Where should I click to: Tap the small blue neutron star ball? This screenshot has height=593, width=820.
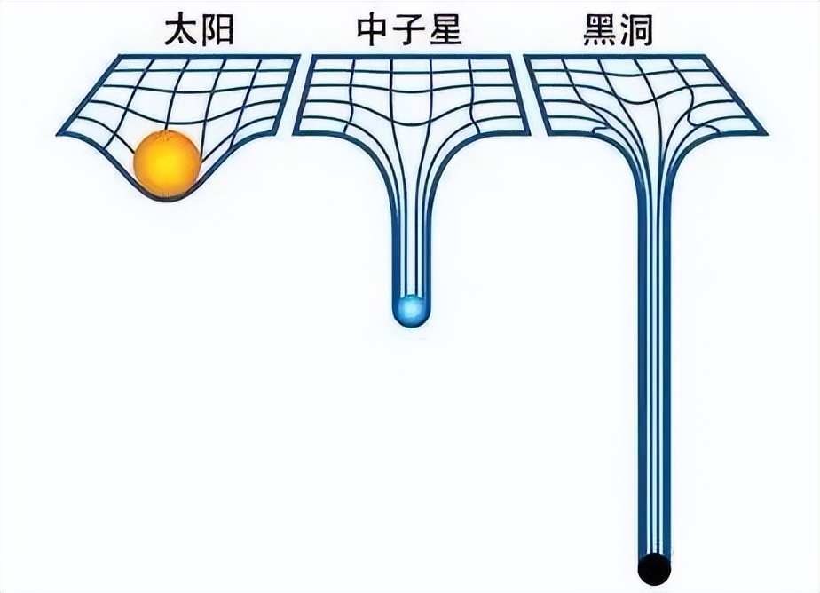pos(412,311)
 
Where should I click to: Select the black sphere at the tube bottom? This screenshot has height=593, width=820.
pos(654,569)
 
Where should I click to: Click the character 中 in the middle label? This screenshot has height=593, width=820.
pos(373,30)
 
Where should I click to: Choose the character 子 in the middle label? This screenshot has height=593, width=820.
pos(409,30)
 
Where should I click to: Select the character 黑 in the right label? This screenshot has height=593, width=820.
pos(600,30)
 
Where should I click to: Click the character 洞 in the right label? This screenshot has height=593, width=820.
pos(636,30)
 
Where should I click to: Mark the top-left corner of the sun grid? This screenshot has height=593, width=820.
pos(120,55)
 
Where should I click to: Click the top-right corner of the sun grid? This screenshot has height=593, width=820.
pos(300,55)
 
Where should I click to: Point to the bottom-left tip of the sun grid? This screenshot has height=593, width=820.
pos(57,136)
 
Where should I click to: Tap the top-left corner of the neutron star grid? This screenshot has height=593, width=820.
pos(312,55)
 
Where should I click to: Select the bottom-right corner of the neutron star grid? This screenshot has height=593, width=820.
pos(531,134)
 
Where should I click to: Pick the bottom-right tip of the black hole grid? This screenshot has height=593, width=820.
pos(767,135)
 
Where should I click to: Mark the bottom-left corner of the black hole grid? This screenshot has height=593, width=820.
pos(547,134)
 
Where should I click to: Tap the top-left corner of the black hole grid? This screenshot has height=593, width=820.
pos(524,56)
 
